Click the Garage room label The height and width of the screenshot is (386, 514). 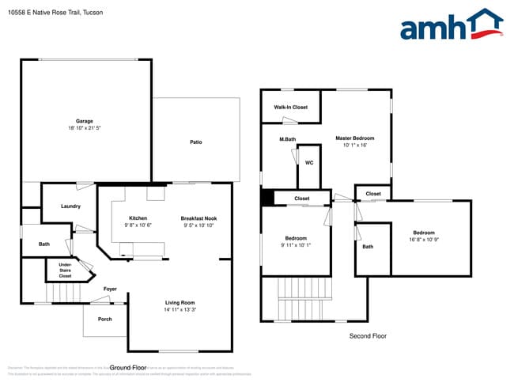(85, 121)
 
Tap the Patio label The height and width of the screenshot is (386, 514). (196, 142)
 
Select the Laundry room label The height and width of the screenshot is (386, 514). (70, 206)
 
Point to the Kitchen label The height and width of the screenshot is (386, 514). (138, 218)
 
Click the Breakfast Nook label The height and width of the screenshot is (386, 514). (198, 218)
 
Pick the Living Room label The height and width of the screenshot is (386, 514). (180, 302)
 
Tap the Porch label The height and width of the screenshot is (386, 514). (105, 319)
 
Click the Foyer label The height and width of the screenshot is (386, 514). (110, 289)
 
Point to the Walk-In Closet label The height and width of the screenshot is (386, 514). (290, 107)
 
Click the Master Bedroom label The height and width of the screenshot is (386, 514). (354, 138)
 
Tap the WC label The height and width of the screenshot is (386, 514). (309, 163)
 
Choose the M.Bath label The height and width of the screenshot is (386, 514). (287, 139)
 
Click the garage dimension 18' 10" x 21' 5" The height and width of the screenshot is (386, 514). (85, 128)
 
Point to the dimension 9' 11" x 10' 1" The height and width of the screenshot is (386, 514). (296, 244)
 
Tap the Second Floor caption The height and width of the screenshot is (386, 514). (368, 336)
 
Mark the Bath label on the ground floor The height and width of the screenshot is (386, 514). (44, 244)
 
